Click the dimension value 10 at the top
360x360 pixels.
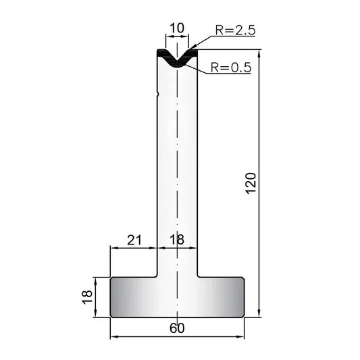click(177, 28)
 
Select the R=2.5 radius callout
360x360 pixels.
click(235, 30)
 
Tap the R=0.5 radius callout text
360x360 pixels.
click(231, 68)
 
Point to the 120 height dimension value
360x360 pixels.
click(251, 183)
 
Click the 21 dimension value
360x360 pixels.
click(134, 240)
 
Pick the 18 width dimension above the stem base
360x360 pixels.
click(177, 240)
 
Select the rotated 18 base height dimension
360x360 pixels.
click(87, 297)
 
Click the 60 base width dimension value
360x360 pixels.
click(177, 328)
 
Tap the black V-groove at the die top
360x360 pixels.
click(177, 59)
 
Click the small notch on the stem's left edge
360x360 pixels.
click(157, 94)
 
